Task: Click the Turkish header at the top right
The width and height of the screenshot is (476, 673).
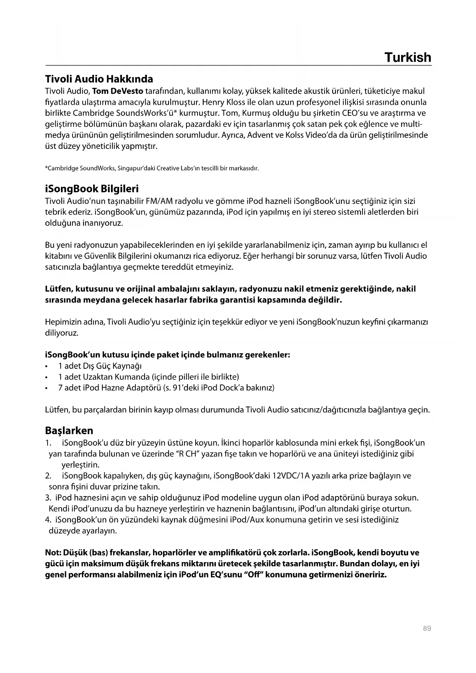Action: (x=408, y=58)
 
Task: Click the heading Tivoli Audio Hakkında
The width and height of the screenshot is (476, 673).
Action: (x=99, y=79)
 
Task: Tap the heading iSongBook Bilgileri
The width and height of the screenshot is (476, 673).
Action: (x=92, y=189)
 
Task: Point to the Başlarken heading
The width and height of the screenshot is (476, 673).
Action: (x=69, y=430)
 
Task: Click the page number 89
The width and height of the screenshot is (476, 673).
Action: (x=427, y=628)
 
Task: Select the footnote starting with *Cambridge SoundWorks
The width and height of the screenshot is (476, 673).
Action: (x=152, y=168)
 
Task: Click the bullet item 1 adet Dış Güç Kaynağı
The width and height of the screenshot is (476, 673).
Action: (x=100, y=366)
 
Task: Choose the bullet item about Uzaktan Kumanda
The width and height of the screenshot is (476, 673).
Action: (x=148, y=376)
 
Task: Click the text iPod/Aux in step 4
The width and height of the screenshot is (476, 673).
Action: (x=247, y=520)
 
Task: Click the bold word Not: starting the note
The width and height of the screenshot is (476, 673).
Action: (x=53, y=553)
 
